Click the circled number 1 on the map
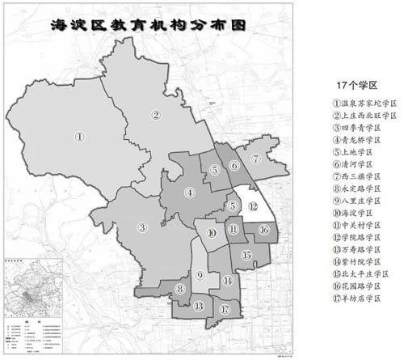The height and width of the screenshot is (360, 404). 80,137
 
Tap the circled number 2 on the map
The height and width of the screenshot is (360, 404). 155,115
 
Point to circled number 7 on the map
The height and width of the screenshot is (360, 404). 255,159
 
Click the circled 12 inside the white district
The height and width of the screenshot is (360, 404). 254,205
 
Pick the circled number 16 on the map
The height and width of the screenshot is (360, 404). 263,229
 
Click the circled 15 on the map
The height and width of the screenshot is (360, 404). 247,255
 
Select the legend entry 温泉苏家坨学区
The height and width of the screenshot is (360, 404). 364,104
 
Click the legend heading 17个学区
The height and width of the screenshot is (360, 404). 356,84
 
